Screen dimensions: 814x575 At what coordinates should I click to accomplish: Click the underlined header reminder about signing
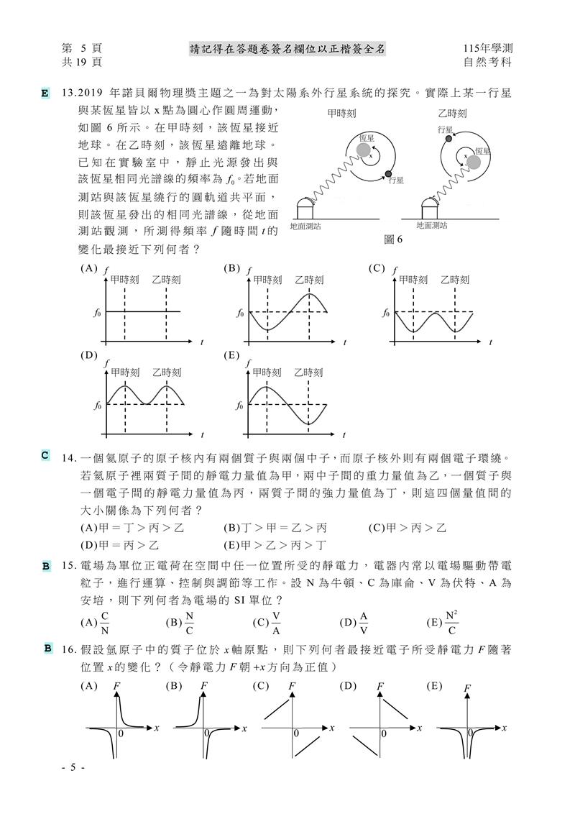(287, 48)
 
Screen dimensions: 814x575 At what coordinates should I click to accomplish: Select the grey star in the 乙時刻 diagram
(474, 163)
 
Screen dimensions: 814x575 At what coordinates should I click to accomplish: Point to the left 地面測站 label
(305, 226)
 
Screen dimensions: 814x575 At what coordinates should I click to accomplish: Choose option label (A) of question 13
(90, 268)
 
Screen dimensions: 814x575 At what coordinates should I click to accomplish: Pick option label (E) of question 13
(232, 355)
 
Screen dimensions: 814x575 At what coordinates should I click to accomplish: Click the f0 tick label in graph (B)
(241, 314)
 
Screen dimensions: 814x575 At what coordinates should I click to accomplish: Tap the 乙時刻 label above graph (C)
(454, 280)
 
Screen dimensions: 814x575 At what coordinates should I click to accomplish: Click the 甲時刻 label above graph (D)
(125, 372)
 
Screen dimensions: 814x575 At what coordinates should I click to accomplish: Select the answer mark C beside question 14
(45, 455)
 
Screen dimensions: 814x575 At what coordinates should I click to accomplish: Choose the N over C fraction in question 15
(189, 622)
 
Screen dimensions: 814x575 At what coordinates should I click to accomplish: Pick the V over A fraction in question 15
(276, 622)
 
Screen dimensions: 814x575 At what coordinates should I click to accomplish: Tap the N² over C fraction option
(451, 622)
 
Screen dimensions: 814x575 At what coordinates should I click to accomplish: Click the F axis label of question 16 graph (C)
(292, 687)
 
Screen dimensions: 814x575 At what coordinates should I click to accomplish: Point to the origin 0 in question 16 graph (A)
(121, 733)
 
